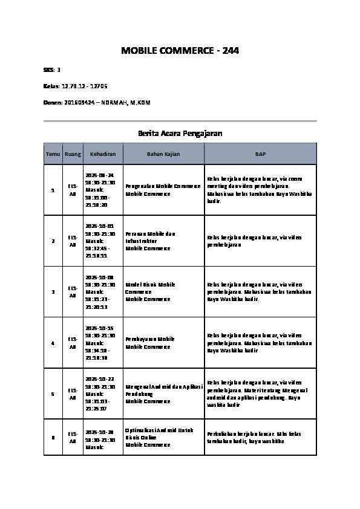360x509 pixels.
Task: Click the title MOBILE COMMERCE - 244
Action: coord(180,51)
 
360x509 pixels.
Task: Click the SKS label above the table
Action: coord(48,70)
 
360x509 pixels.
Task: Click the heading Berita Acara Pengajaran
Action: coord(180,132)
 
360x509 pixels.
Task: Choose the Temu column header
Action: coord(53,154)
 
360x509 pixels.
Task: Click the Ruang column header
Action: coord(73,154)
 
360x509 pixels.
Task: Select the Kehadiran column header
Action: coord(103,154)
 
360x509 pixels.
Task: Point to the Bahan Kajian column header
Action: coord(163,154)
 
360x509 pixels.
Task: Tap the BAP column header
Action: coord(260,154)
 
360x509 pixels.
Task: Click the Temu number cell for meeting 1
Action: coord(53,190)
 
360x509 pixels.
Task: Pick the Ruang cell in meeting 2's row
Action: coord(73,241)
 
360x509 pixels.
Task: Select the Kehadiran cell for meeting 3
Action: coord(100,291)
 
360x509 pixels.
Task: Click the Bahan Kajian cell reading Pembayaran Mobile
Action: coord(163,343)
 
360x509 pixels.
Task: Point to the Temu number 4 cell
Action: coord(53,343)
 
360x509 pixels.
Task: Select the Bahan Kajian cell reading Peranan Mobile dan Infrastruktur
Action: coord(163,241)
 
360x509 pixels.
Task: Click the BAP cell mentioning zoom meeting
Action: coord(260,190)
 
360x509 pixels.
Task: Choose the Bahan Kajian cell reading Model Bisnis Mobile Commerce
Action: coord(163,291)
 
